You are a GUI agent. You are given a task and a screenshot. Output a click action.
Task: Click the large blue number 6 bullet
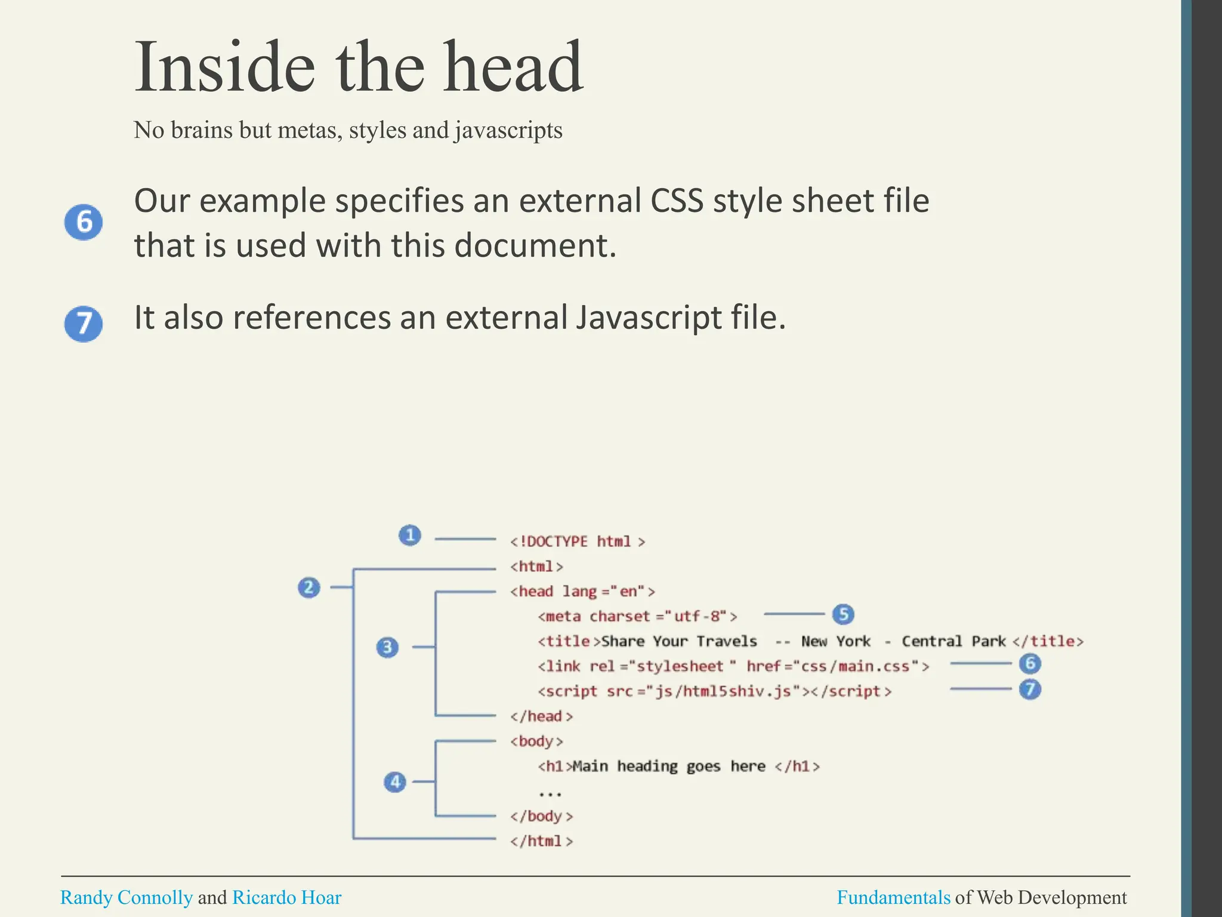(x=84, y=222)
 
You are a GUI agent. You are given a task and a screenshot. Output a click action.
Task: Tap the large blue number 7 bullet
(x=84, y=324)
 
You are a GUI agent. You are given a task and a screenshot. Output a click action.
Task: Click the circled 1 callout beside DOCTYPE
(x=410, y=535)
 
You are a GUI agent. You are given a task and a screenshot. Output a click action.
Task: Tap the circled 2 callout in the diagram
(x=309, y=587)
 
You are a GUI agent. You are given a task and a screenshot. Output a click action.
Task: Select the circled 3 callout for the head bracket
(x=388, y=647)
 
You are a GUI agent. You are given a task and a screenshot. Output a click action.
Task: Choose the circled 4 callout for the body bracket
(x=395, y=781)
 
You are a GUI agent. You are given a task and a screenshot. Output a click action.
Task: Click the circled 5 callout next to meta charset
(x=843, y=614)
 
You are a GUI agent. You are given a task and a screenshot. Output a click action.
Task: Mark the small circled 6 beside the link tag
(x=1030, y=663)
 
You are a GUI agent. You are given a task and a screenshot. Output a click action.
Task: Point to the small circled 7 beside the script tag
(x=1030, y=690)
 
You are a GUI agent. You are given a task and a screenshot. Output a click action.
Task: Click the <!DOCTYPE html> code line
(x=577, y=541)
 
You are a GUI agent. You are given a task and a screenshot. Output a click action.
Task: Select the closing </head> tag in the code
(x=541, y=716)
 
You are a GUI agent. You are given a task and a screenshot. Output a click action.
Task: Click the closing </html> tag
(x=541, y=841)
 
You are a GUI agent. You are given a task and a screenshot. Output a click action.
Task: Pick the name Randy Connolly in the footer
(x=126, y=897)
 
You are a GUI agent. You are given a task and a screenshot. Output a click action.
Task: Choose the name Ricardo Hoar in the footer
(x=286, y=897)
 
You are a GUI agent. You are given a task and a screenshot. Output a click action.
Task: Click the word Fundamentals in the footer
(x=893, y=897)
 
